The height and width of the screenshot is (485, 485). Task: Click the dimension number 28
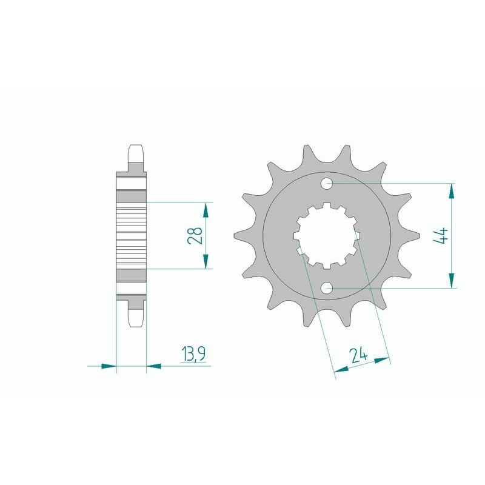(x=195, y=236)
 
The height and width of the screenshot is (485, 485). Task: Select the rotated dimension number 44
(x=441, y=236)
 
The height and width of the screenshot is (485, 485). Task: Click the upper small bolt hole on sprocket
(x=327, y=182)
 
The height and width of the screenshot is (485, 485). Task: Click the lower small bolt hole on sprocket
(x=327, y=289)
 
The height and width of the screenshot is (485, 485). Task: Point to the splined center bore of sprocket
(x=327, y=236)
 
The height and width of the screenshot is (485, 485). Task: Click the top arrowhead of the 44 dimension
(x=450, y=190)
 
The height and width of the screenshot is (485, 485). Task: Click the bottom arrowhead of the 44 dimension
(x=450, y=281)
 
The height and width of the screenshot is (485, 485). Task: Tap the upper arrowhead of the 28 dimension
(x=206, y=210)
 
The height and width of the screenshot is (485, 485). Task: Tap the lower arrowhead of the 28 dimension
(x=206, y=261)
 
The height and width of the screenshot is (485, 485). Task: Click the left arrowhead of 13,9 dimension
(x=108, y=366)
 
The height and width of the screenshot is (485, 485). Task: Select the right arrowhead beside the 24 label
(x=382, y=361)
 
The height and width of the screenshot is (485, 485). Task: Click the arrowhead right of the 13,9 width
(x=154, y=366)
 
